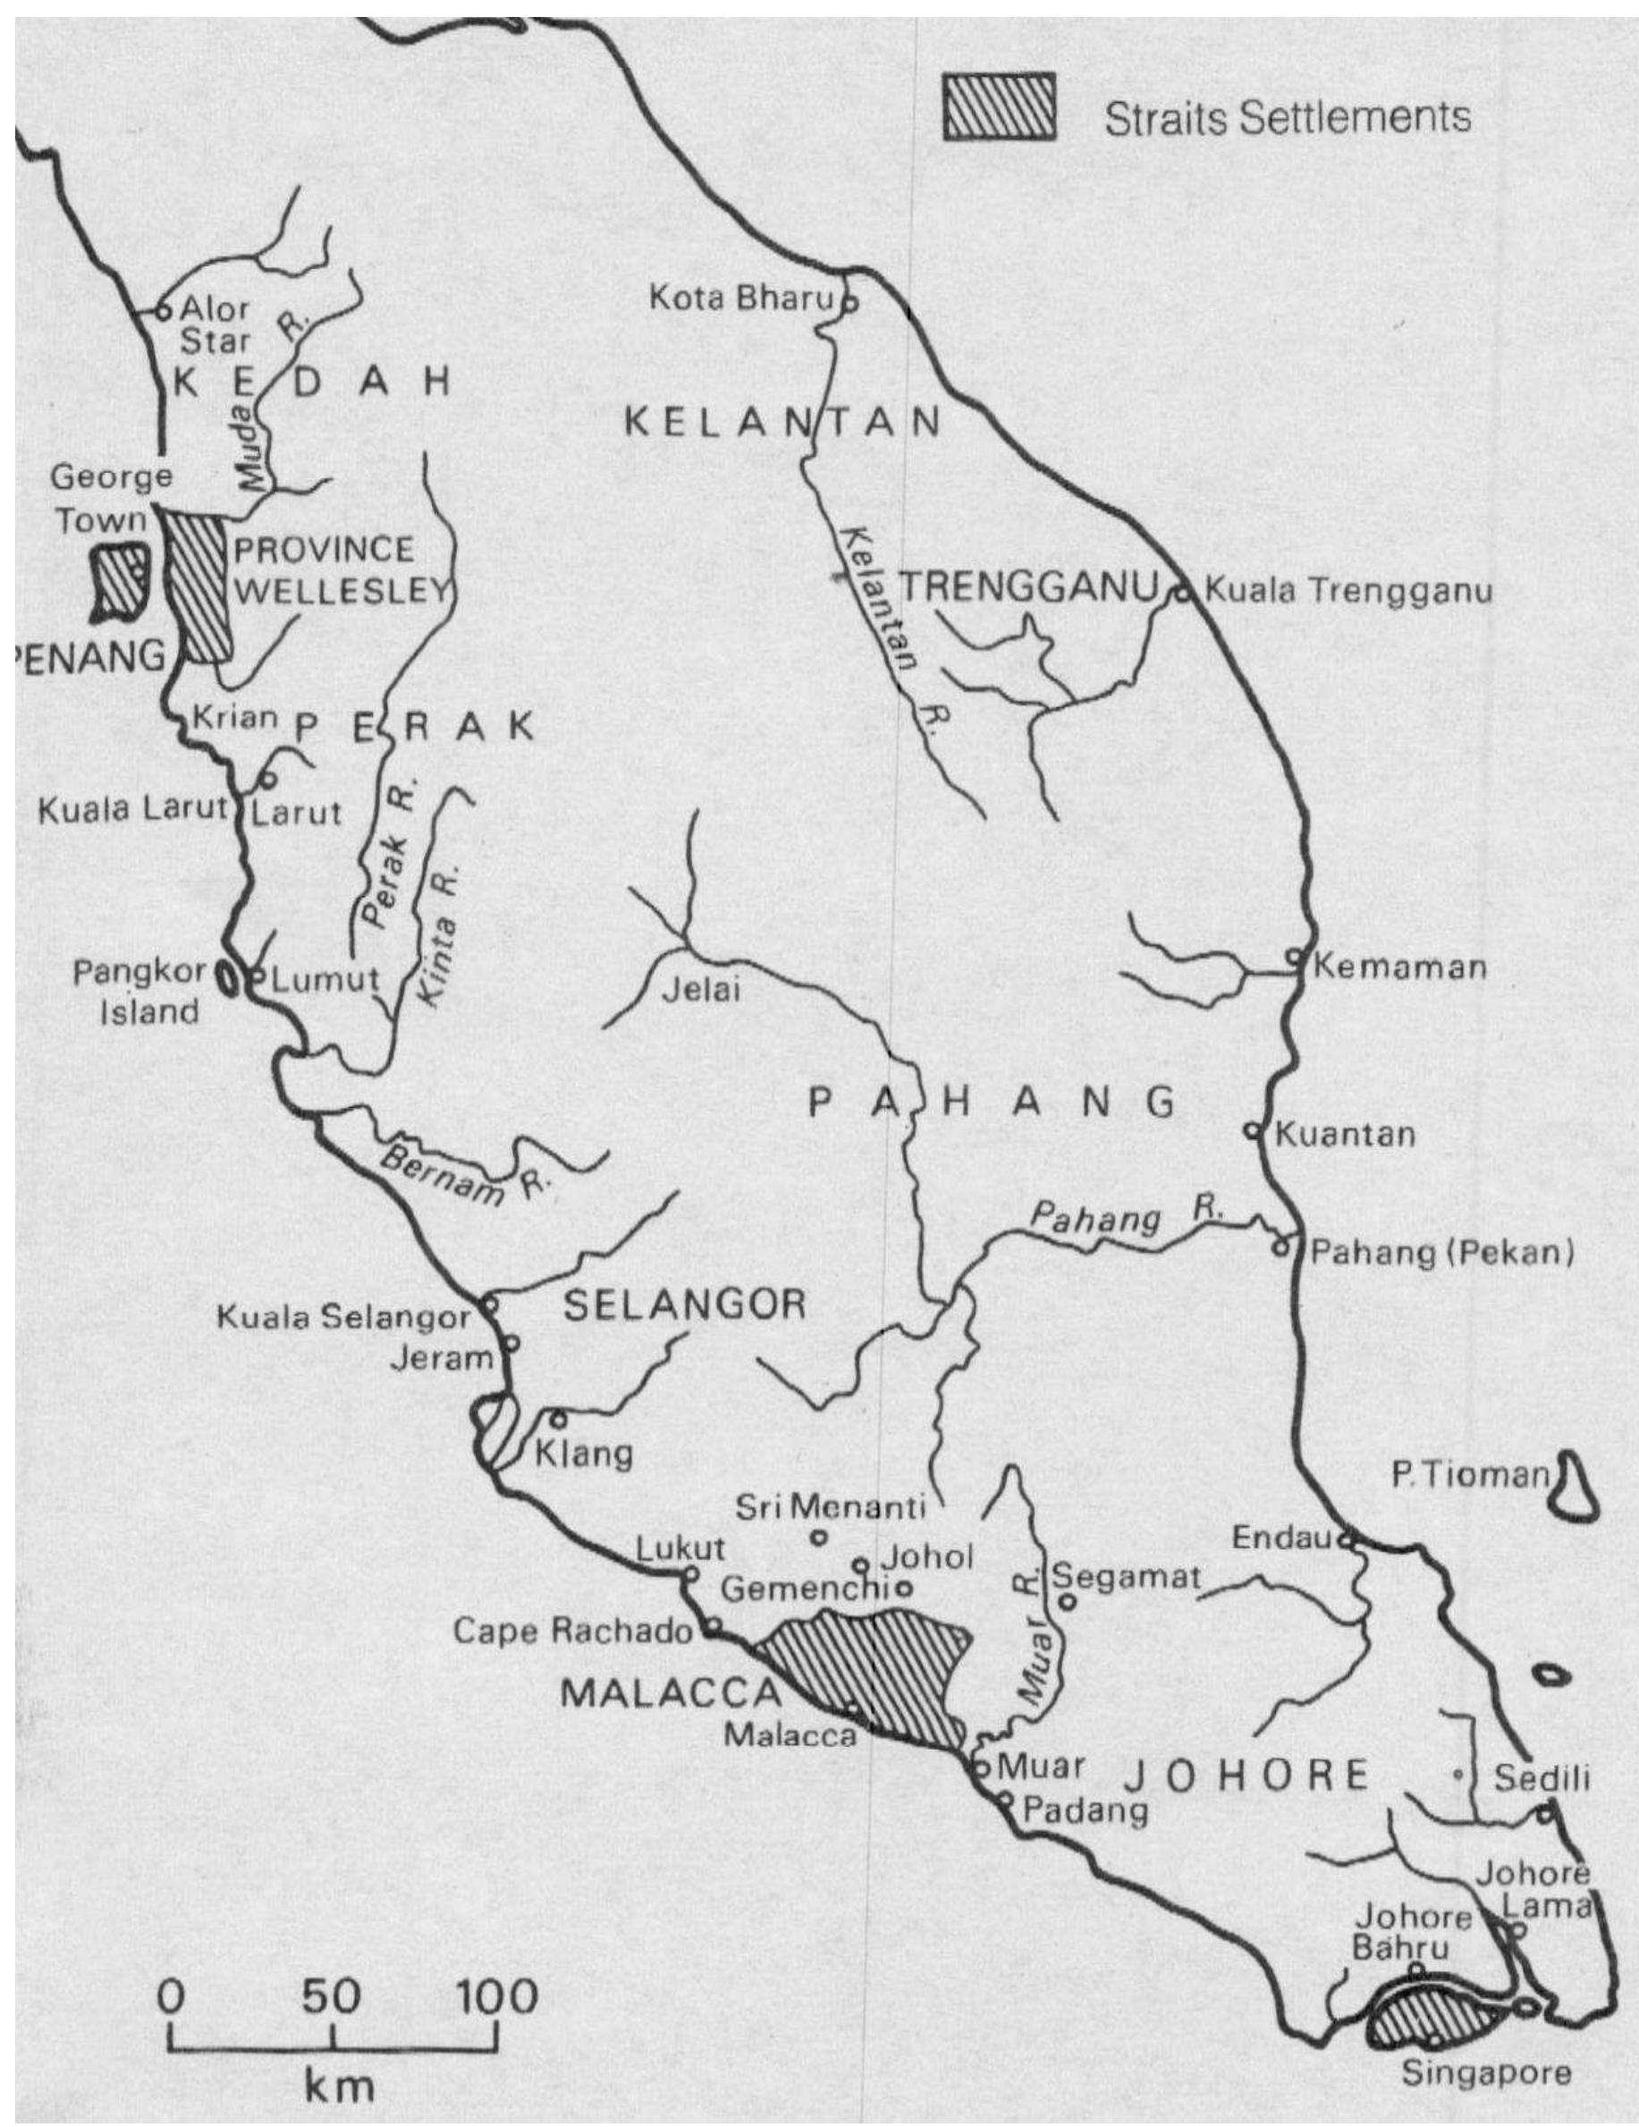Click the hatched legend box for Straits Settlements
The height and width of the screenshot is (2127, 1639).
[998, 108]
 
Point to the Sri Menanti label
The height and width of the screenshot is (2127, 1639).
[830, 1508]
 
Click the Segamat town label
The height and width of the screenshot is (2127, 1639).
[1126, 1578]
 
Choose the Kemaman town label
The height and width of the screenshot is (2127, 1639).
[1399, 967]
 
